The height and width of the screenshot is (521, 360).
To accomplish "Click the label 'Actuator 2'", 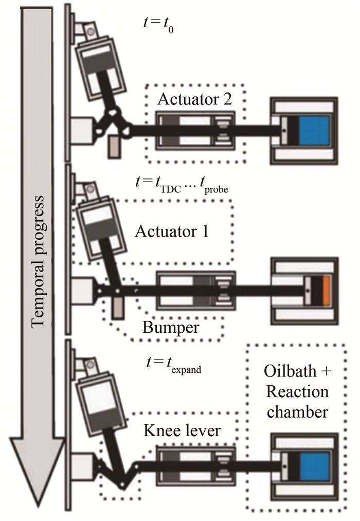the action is (x=194, y=99).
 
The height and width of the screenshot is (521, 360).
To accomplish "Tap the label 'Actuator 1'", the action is (x=172, y=231).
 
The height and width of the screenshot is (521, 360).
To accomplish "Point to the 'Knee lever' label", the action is (x=182, y=430).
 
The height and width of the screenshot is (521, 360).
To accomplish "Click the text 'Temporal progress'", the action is (x=37, y=262).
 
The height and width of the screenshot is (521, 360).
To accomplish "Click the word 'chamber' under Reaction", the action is (x=298, y=412).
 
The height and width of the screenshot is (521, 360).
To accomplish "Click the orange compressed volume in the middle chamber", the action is (x=327, y=290).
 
